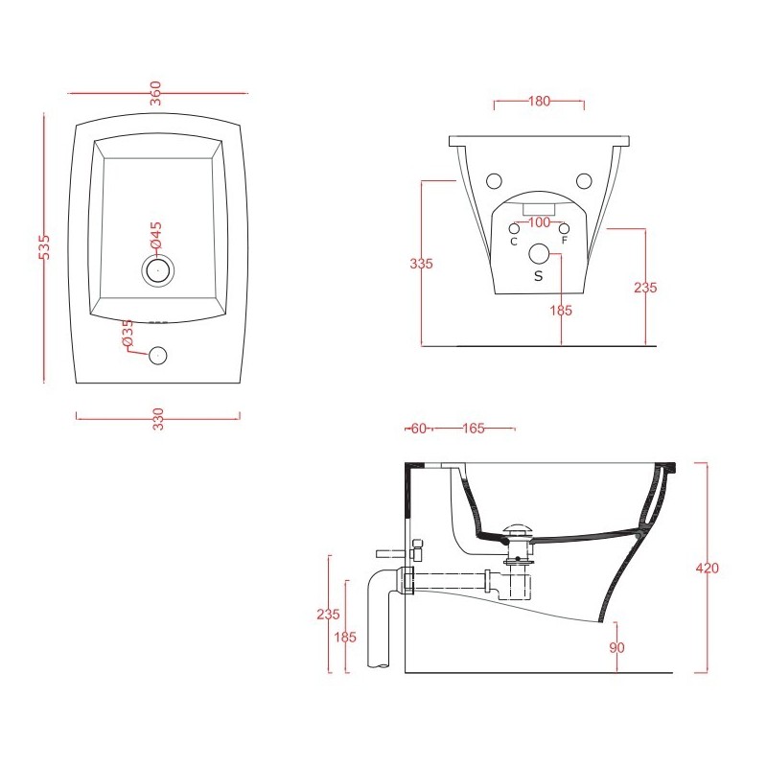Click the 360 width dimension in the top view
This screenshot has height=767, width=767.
click(155, 93)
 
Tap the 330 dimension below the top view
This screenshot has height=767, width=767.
click(158, 418)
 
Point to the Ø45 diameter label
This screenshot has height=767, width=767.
click(156, 235)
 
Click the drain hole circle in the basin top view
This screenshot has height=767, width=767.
click(157, 270)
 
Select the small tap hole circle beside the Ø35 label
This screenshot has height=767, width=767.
click(157, 356)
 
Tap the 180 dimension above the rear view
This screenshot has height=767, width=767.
click(539, 102)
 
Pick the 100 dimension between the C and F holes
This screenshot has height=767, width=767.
click(539, 223)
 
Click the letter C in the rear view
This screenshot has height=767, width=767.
click(514, 242)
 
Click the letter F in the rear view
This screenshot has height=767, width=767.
click(565, 241)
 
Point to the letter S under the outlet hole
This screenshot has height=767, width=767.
click(538, 275)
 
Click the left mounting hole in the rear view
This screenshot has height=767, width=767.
click(495, 180)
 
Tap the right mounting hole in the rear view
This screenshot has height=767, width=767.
click(584, 180)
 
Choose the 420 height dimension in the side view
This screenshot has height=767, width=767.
click(707, 568)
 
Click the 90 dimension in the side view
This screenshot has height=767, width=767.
click(616, 648)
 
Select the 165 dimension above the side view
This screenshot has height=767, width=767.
click(473, 429)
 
